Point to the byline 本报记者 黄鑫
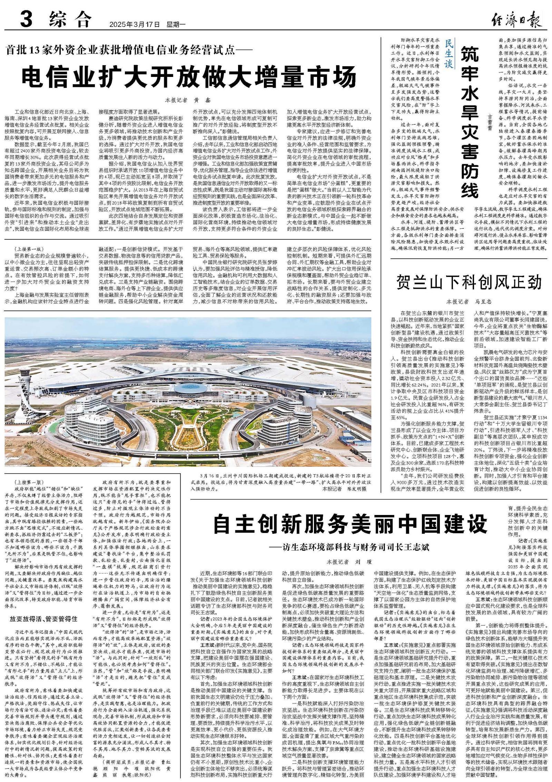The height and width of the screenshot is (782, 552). (x=187, y=100)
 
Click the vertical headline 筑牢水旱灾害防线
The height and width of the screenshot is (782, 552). (x=470, y=121)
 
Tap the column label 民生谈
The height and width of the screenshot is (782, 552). (x=449, y=53)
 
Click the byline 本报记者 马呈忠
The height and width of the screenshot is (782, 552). (x=469, y=301)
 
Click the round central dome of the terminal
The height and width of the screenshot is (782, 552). (x=189, y=390)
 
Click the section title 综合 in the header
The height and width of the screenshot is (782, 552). (x=70, y=19)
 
